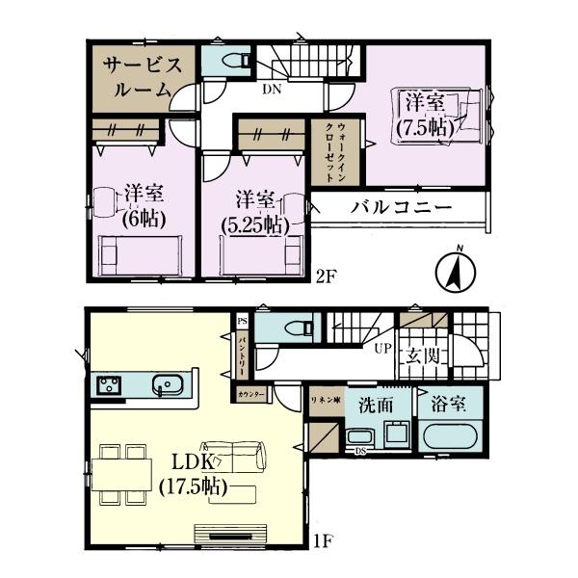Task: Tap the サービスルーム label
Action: pyautogui.click(x=134, y=74)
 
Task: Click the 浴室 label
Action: pyautogui.click(x=450, y=406)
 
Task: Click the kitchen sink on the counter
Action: pyautogui.click(x=169, y=385)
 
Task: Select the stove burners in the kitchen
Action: pyautogui.click(x=107, y=386)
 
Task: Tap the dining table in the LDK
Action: pyautogui.click(x=121, y=473)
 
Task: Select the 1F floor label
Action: pyautogui.click(x=323, y=541)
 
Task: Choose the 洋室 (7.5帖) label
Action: pyautogui.click(x=424, y=113)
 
